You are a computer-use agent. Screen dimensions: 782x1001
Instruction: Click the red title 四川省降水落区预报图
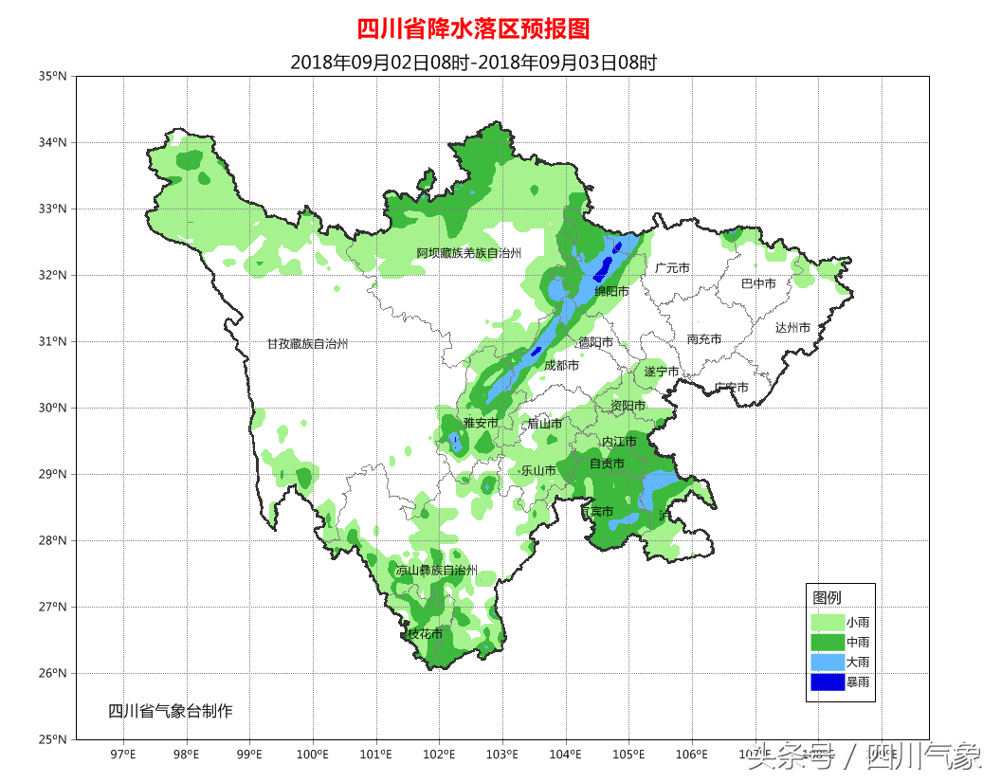(473, 28)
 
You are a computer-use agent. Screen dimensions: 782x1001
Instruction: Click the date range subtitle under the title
(473, 63)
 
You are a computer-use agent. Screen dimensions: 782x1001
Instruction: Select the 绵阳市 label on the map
(611, 291)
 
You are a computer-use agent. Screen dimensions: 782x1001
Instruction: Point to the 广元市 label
(672, 268)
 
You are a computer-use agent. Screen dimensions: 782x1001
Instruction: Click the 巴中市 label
(758, 283)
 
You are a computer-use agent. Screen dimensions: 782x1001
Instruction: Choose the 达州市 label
(792, 327)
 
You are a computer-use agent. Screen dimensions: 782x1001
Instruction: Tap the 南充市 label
(704, 338)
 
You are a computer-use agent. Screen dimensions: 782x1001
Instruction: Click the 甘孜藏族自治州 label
(307, 344)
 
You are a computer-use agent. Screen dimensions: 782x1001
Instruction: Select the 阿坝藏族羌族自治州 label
(469, 253)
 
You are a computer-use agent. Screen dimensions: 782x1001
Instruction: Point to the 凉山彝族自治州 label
(436, 571)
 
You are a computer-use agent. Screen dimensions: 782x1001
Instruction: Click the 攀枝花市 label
(424, 633)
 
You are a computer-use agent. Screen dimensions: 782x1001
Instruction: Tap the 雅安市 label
(481, 423)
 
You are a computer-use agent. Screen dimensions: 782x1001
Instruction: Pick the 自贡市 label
(607, 464)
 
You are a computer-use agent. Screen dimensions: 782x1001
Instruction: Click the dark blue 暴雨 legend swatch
(827, 682)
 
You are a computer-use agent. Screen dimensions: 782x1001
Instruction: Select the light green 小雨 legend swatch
(827, 622)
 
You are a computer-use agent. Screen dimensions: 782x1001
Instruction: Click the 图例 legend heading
(827, 598)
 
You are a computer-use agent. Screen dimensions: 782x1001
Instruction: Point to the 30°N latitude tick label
(54, 408)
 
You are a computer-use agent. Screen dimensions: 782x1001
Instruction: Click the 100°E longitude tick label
(313, 755)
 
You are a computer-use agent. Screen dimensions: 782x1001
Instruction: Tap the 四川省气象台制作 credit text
(170, 711)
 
